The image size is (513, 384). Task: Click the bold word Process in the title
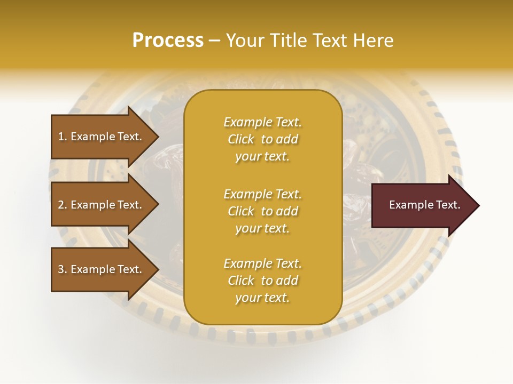(x=168, y=41)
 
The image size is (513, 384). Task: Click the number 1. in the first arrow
(x=63, y=137)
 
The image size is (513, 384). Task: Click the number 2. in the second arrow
(x=63, y=205)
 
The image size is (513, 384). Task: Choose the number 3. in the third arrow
(x=63, y=269)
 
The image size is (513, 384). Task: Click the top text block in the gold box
(x=262, y=139)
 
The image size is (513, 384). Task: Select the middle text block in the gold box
(x=262, y=211)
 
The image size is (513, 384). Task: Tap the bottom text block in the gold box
(x=262, y=281)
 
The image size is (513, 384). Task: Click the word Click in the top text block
(x=241, y=139)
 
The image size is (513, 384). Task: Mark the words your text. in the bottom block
(x=262, y=298)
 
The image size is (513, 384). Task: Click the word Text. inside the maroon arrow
(x=446, y=205)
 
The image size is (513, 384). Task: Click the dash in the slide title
(x=214, y=41)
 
